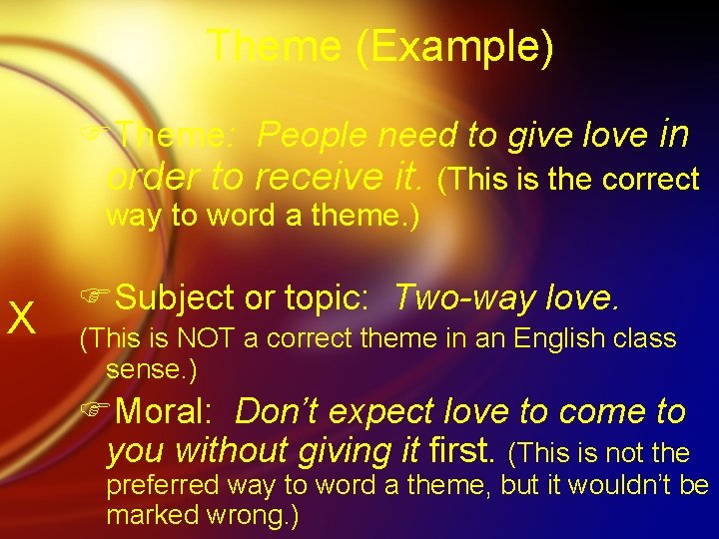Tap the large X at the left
pos(22,318)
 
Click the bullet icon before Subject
pos(96,297)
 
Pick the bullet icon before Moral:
pos(96,411)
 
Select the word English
pos(557,338)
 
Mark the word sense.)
pos(151,369)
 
